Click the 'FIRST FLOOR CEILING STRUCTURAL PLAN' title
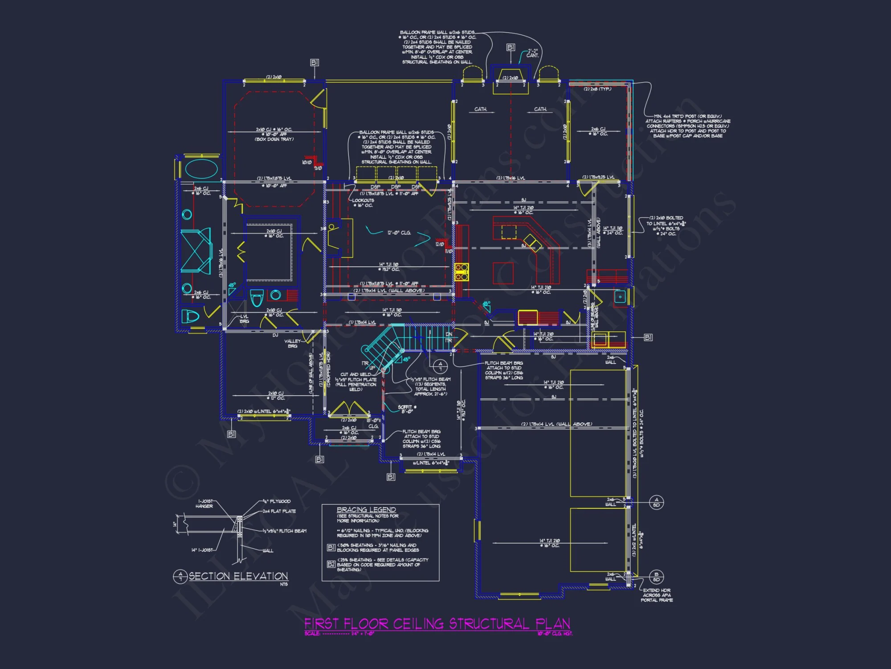437,623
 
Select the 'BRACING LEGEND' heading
366,509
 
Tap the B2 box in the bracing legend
331,564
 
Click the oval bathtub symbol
201,169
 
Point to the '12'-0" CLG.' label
399,233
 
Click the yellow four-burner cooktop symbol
462,272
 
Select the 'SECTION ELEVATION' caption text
238,576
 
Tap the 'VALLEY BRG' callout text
293,343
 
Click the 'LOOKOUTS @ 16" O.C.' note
363,203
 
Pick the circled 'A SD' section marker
656,502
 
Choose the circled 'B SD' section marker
656,577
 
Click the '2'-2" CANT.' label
532,53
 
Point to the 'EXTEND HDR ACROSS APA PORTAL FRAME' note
657,595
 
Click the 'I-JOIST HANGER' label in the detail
204,504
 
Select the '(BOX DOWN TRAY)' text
274,139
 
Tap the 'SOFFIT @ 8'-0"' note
407,409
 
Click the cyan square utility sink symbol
620,296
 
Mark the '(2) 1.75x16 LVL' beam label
511,178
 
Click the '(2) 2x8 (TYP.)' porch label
597,89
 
